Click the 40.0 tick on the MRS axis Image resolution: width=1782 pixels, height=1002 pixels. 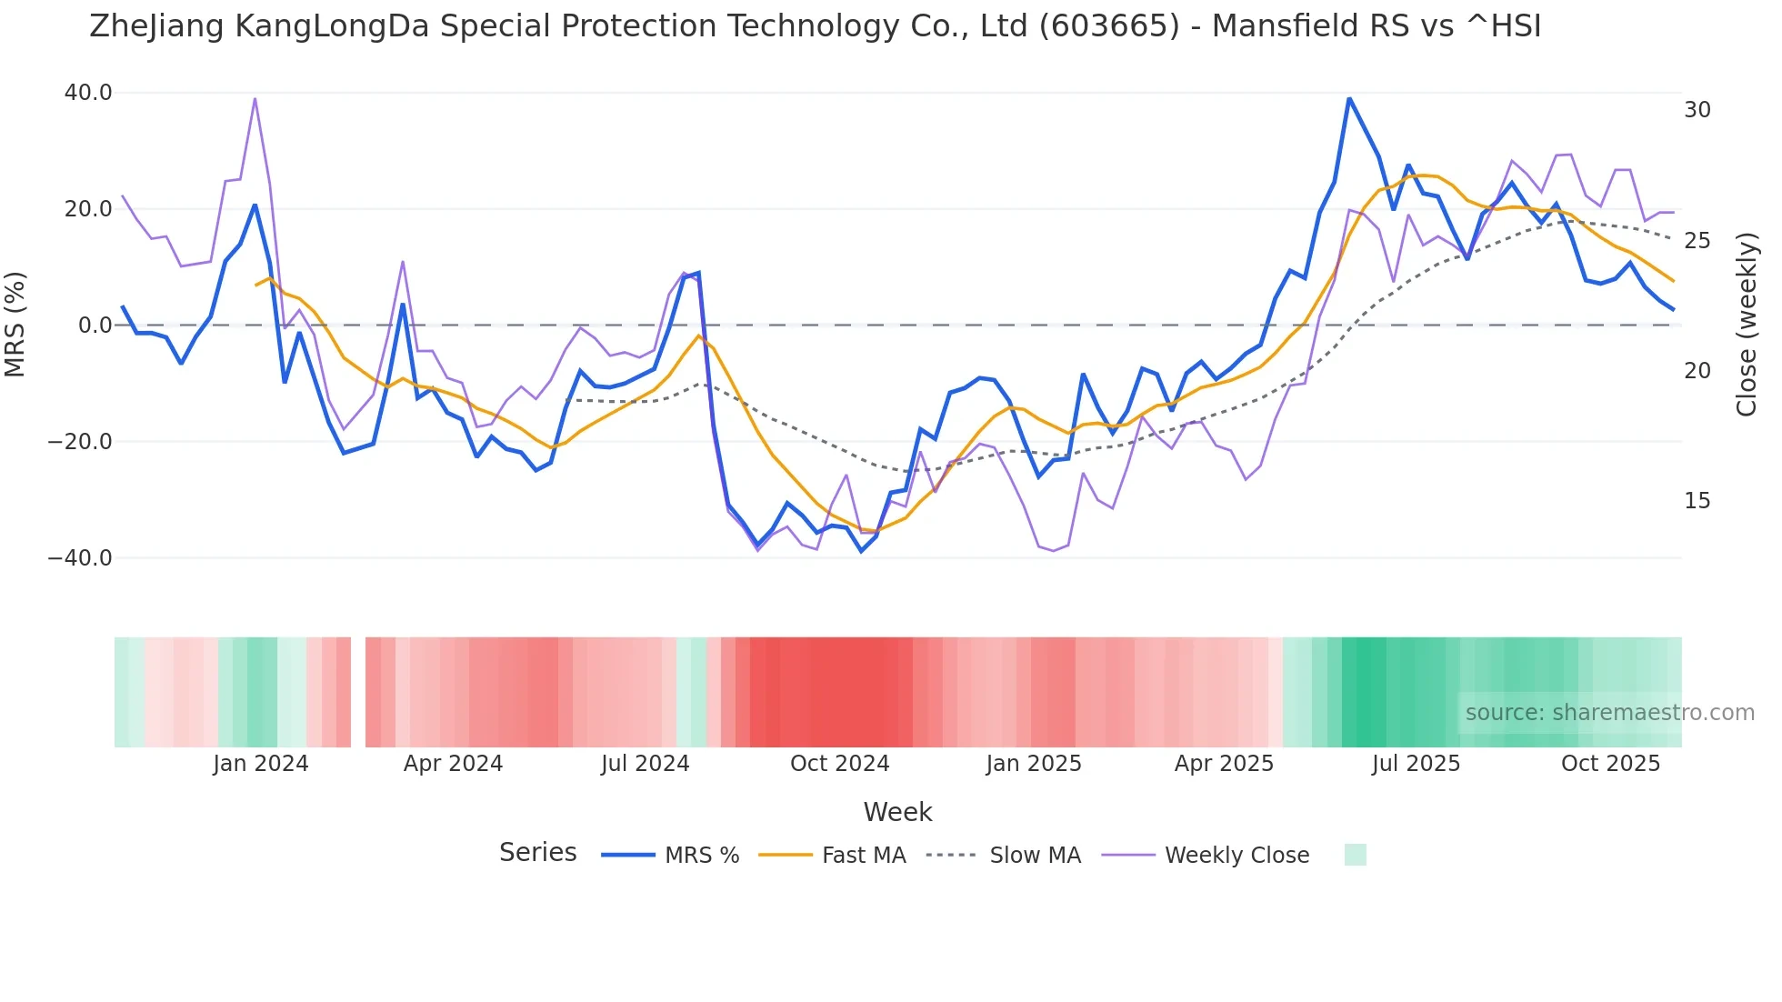pos(87,93)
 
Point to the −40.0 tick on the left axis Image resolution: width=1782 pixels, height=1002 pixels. pos(80,558)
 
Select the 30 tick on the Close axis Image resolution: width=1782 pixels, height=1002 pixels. pos(1697,110)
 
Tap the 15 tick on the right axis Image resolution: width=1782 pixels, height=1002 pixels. pos(1697,501)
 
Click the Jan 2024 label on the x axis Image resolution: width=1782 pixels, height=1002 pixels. pos(261,764)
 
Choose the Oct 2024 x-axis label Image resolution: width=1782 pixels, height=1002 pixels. pos(839,764)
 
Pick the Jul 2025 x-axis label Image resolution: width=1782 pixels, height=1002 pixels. pos(1416,764)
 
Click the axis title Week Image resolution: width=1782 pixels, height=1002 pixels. pos(897,812)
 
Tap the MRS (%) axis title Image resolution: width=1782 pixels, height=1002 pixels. pos(15,325)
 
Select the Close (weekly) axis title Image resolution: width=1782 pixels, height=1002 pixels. pos(1747,325)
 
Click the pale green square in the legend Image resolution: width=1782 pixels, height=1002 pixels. pos(1355,855)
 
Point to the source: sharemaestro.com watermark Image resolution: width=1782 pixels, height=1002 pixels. pos(1609,713)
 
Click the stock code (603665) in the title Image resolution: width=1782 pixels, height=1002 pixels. pos(1109,26)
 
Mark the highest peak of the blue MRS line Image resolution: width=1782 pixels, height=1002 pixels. pos(1349,98)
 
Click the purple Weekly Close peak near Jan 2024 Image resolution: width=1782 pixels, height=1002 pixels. pos(255,98)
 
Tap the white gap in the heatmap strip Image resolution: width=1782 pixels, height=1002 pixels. pos(358,692)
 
